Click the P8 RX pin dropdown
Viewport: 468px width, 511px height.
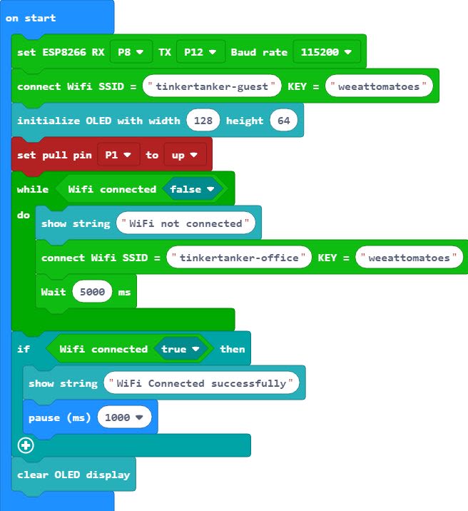click(131, 52)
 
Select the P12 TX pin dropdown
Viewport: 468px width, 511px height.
click(200, 52)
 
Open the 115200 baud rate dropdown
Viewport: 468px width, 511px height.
click(326, 52)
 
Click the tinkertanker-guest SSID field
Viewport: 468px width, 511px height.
click(211, 86)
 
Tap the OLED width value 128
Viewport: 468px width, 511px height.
click(203, 121)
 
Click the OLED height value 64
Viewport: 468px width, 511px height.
click(283, 121)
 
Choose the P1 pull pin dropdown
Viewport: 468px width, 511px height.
click(118, 155)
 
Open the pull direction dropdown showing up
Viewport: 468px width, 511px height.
click(184, 155)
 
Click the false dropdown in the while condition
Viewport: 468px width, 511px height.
click(192, 189)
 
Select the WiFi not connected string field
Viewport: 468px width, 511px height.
click(185, 223)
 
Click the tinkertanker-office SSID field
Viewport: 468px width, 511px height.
click(239, 258)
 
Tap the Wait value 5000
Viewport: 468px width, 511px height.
click(92, 292)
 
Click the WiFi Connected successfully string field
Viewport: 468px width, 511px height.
click(201, 383)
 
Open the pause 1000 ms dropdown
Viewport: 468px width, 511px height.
click(124, 418)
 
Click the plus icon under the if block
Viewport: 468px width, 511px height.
click(26, 446)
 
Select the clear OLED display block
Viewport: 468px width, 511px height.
click(73, 475)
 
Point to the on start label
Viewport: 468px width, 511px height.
click(31, 18)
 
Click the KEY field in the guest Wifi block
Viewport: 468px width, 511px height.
click(379, 86)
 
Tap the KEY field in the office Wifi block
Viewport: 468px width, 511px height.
click(409, 258)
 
